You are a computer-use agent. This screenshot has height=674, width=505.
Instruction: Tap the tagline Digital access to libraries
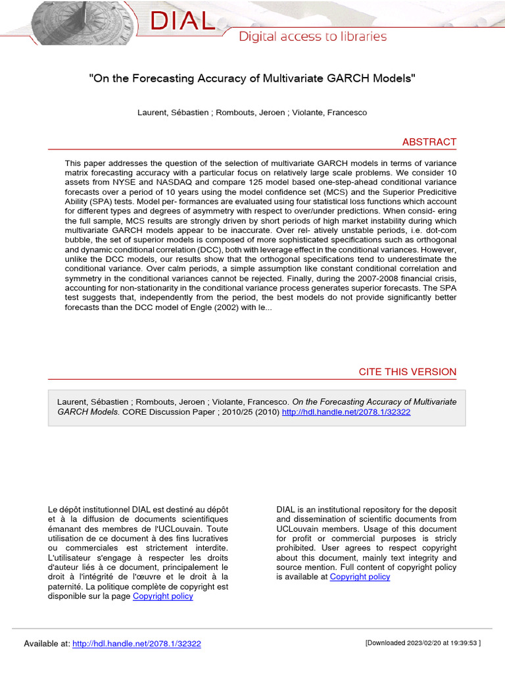(x=312, y=37)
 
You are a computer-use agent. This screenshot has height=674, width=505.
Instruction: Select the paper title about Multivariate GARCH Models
(x=252, y=78)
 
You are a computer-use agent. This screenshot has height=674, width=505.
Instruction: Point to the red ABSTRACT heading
(x=429, y=142)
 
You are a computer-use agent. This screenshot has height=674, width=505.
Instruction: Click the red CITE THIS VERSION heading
(x=407, y=372)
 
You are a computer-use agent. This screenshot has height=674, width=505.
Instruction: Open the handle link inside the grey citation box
(x=346, y=412)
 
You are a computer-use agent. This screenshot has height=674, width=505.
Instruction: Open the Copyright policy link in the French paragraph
(x=163, y=596)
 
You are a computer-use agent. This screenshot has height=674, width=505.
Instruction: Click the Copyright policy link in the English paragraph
(x=360, y=577)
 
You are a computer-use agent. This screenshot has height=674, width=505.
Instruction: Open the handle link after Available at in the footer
(x=137, y=644)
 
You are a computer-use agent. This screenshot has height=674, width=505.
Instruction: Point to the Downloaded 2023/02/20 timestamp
(x=423, y=643)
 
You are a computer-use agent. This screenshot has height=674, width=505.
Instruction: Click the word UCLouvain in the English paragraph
(x=301, y=529)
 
